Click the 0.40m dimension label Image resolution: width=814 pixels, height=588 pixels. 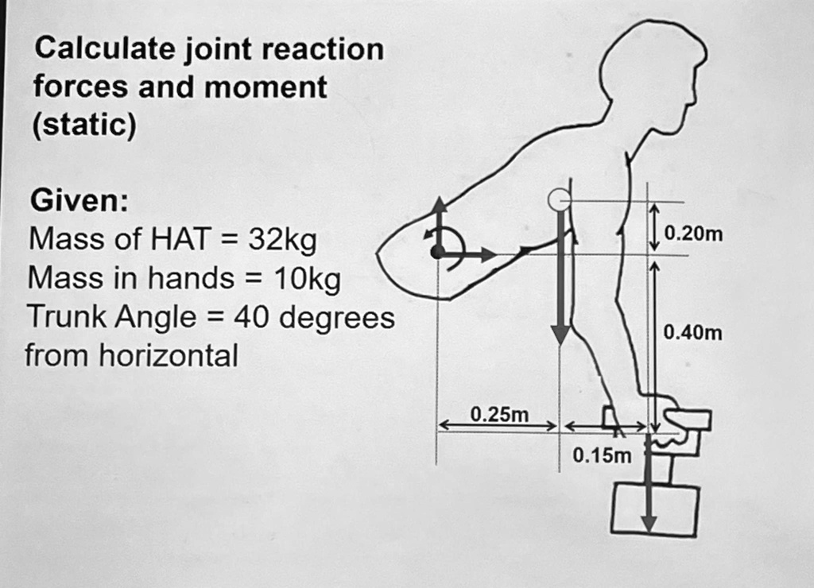tap(693, 332)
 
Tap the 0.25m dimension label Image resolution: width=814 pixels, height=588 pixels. tap(499, 414)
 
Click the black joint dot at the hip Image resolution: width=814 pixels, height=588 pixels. tap(436, 253)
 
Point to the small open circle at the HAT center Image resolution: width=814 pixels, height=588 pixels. tap(560, 199)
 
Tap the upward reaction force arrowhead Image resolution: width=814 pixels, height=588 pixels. tap(438, 205)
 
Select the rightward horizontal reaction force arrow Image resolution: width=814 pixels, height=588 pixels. tap(469, 254)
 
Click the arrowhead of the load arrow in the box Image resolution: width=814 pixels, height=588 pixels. tap(649, 524)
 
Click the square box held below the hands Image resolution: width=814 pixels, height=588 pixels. tap(655, 509)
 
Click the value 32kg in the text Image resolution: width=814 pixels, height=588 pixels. tap(283, 238)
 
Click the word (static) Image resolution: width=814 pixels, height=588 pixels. tap(83, 126)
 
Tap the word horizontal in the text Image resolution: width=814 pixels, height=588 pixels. tap(168, 356)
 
